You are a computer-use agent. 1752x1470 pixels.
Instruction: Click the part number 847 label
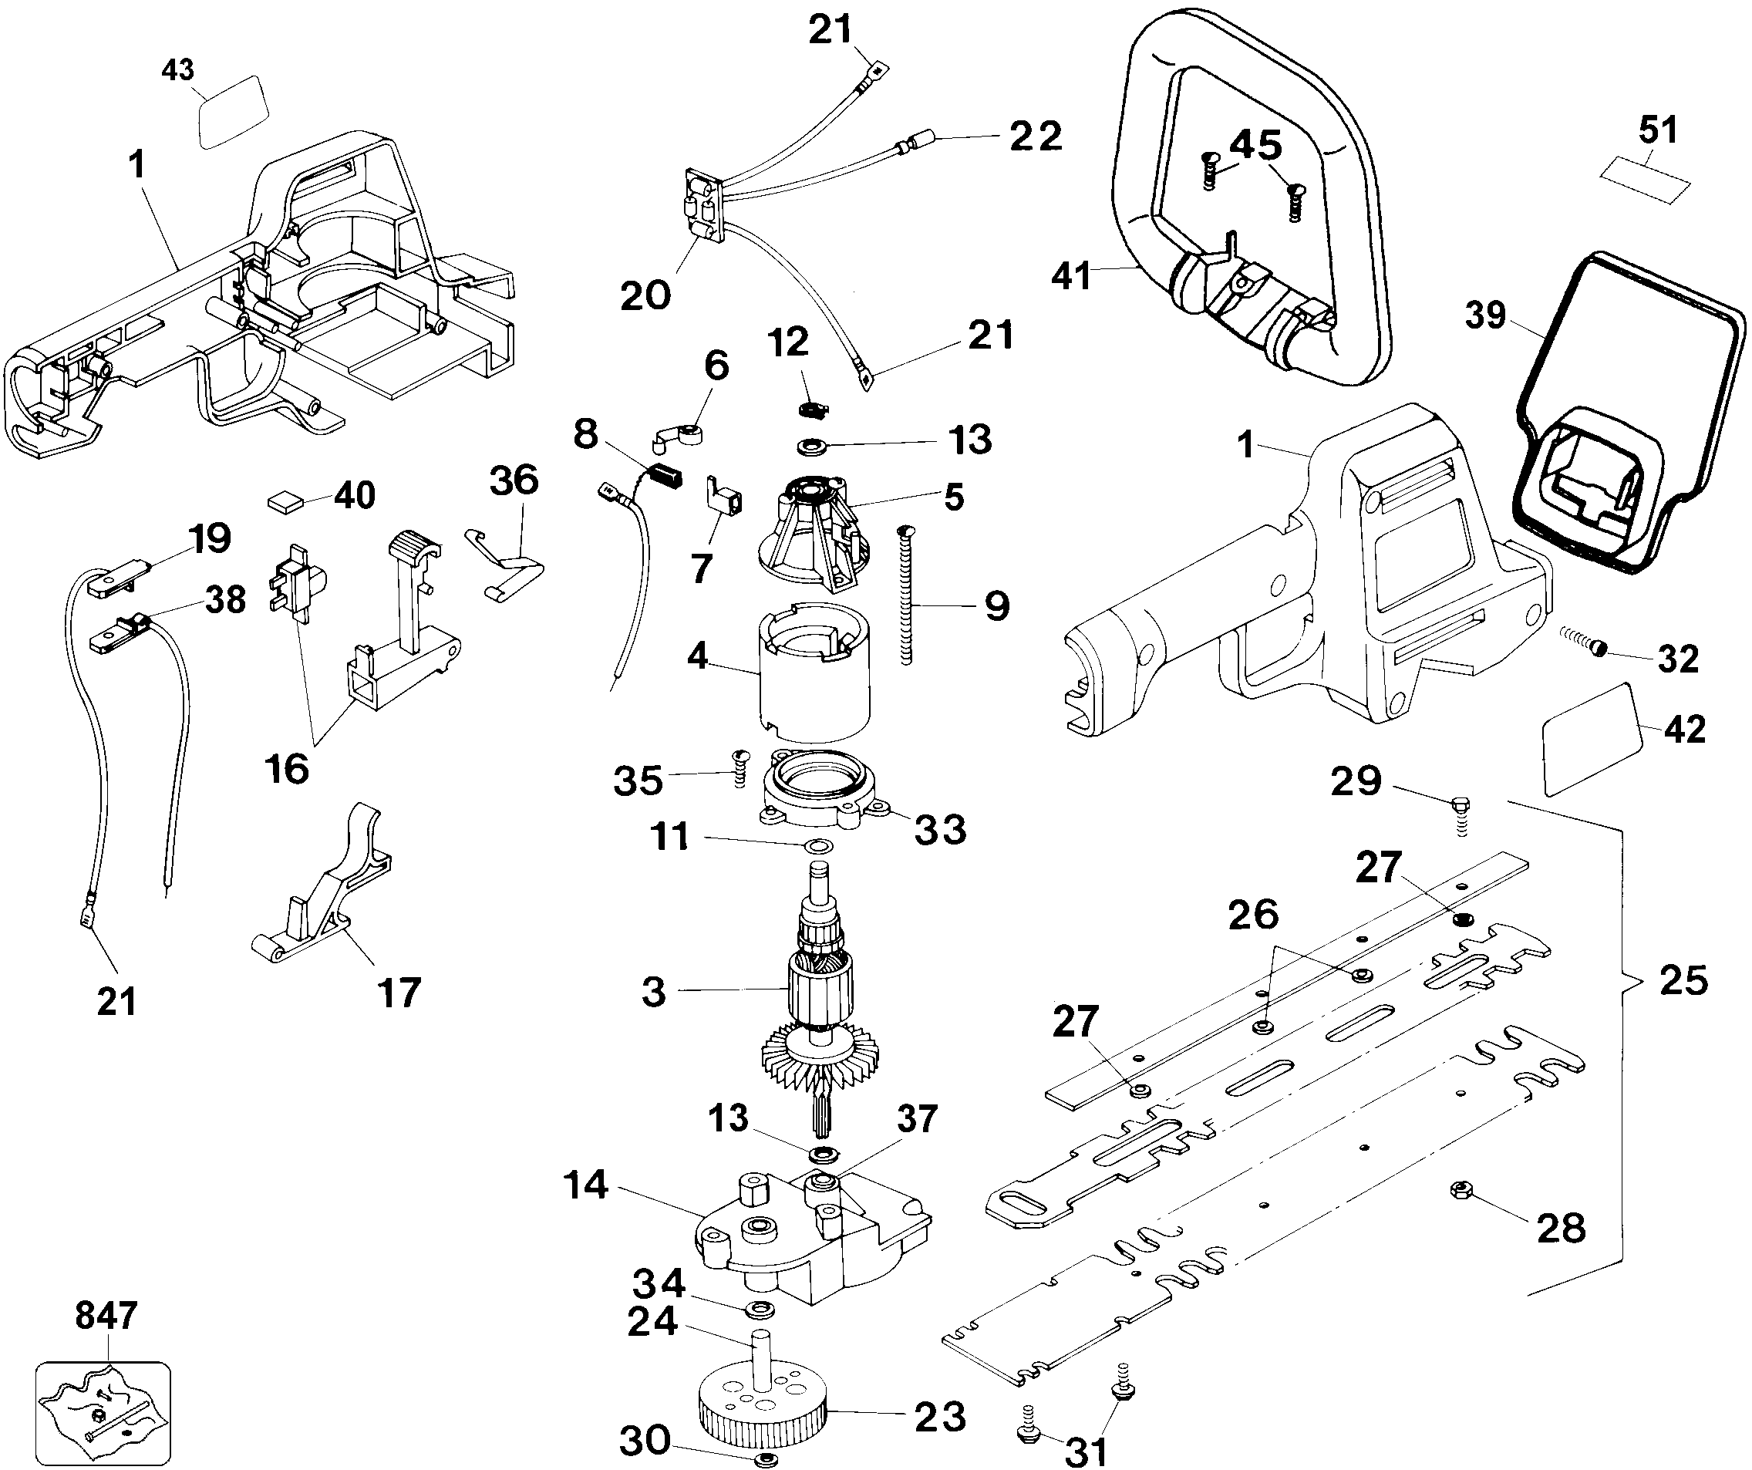[x=105, y=1316]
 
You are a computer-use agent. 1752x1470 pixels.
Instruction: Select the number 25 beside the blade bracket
[x=1683, y=980]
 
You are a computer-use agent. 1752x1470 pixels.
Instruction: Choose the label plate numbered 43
[x=233, y=112]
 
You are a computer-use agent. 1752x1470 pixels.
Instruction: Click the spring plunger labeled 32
[x=1585, y=644]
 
